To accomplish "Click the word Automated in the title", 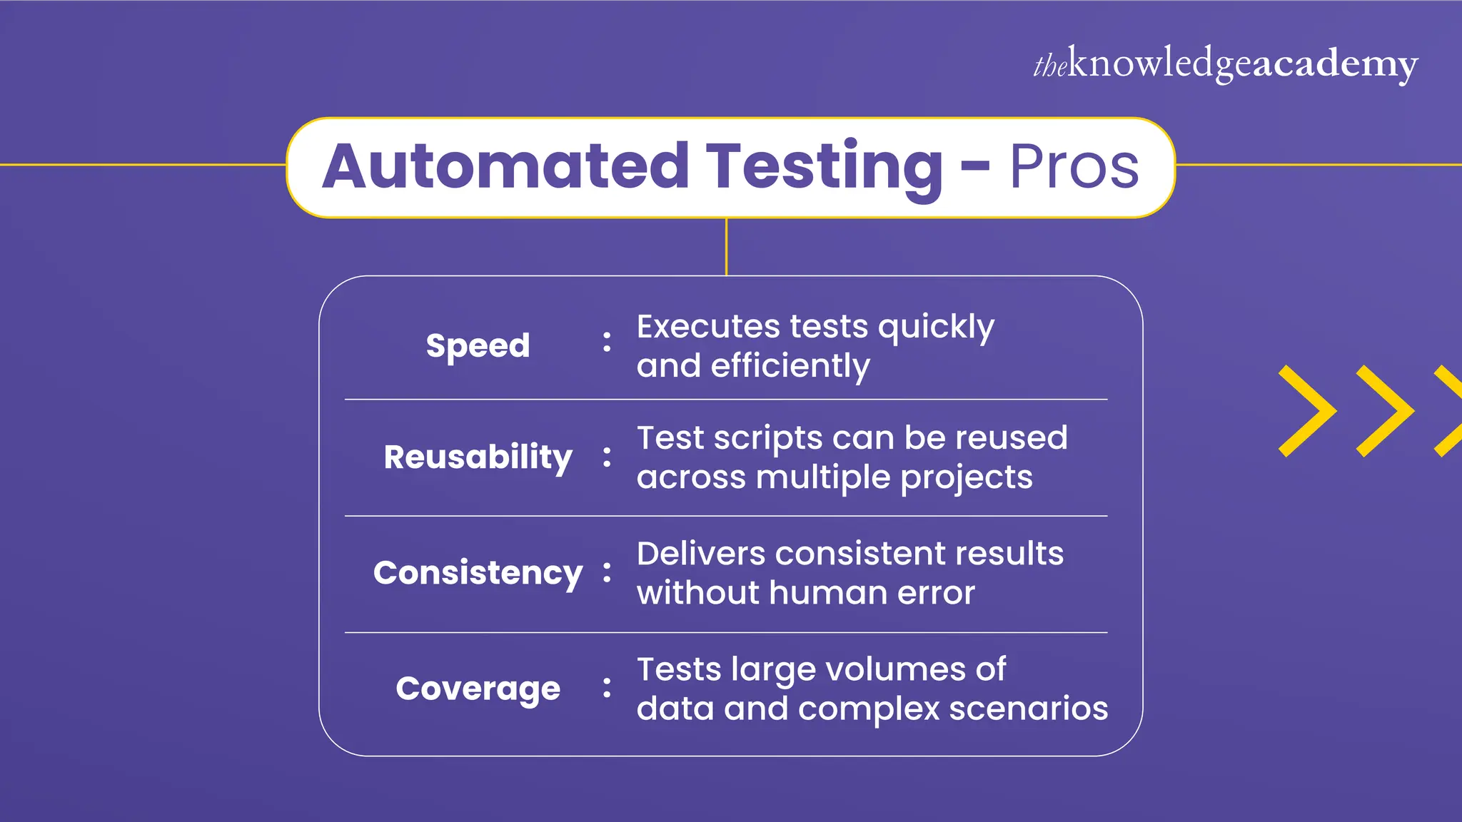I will tap(505, 167).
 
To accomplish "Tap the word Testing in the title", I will tap(825, 167).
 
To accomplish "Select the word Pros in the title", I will tap(1074, 167).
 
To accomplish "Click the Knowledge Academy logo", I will tap(1225, 64).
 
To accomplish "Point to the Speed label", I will tap(478, 346).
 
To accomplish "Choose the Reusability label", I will tap(478, 457).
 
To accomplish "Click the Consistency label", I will tap(478, 573).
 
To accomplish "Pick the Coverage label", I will tap(478, 689).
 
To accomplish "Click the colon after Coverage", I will tap(607, 688).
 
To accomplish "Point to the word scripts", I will tap(768, 439).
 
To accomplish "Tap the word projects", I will tap(966, 478).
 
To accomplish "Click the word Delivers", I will tap(700, 554).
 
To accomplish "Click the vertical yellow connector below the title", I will tap(726, 247).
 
